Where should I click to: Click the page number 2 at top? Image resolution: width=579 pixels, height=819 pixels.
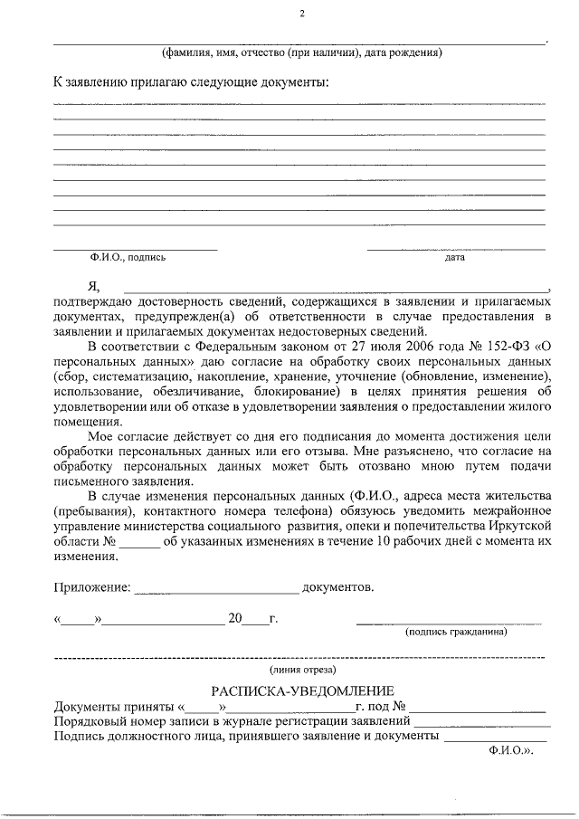click(x=302, y=14)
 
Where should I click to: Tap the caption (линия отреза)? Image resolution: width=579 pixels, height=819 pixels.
click(x=302, y=670)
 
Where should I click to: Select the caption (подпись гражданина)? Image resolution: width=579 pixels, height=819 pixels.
click(x=456, y=633)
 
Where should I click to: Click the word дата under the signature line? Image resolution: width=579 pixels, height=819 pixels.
click(x=454, y=257)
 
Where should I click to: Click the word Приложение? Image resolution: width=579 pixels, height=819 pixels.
click(x=91, y=587)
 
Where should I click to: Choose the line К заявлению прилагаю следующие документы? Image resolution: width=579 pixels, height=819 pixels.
click(x=191, y=82)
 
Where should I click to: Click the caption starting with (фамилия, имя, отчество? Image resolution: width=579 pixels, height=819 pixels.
click(x=301, y=52)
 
